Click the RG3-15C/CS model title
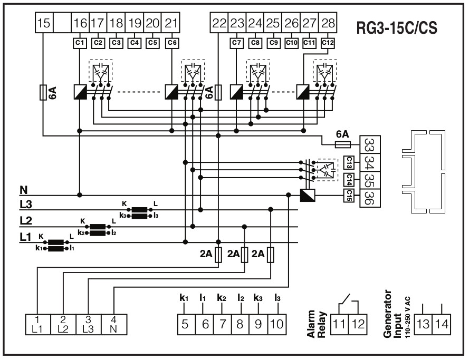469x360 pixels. point(397,27)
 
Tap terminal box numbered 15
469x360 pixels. point(44,23)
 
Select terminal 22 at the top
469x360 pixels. point(219,23)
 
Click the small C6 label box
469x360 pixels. point(171,42)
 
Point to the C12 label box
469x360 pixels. point(328,42)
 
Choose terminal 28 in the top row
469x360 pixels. point(328,23)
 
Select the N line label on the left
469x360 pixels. point(23,189)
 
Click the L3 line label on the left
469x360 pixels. point(25,205)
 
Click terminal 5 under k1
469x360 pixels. point(185,323)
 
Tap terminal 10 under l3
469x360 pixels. point(276,323)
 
